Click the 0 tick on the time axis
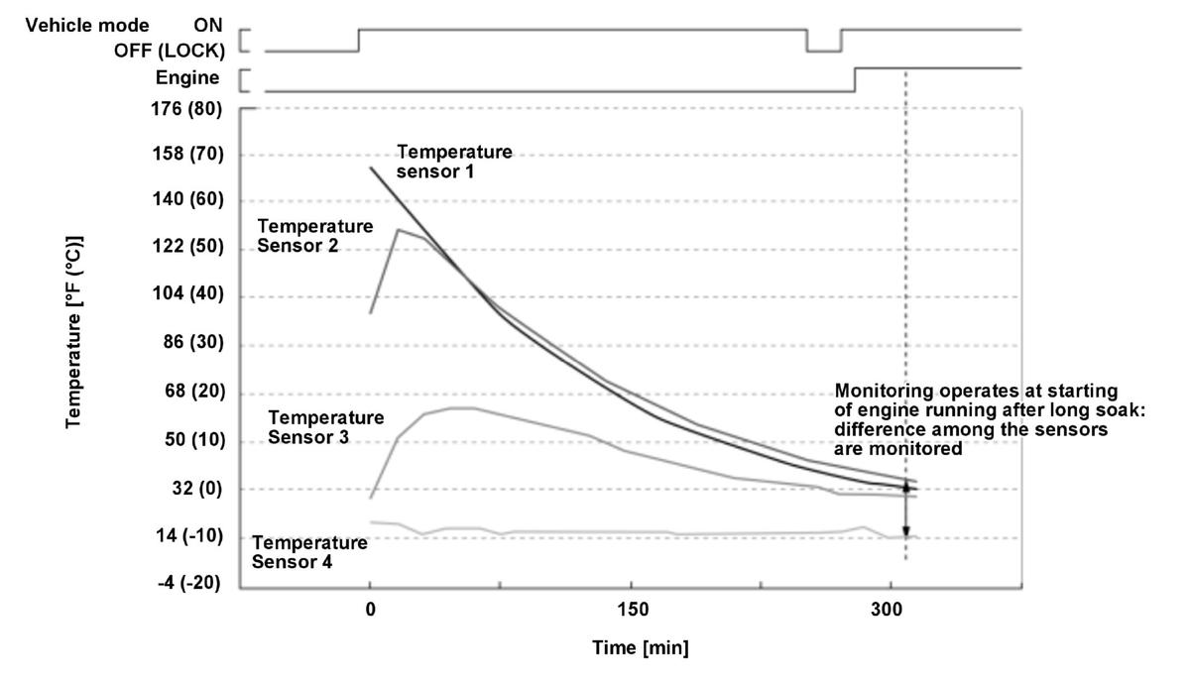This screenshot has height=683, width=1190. [370, 609]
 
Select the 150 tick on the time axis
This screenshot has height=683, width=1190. [632, 609]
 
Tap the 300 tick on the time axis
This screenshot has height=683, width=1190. [892, 609]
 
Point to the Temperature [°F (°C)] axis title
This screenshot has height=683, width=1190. [74, 332]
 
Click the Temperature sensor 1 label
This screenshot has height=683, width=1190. [454, 162]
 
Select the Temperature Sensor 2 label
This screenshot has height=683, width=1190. [314, 236]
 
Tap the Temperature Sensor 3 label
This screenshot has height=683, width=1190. [325, 427]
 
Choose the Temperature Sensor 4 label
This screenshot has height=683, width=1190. [309, 552]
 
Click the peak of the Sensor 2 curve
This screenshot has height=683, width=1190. [398, 230]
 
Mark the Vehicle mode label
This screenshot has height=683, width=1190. [86, 25]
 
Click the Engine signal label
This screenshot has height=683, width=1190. [187, 78]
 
